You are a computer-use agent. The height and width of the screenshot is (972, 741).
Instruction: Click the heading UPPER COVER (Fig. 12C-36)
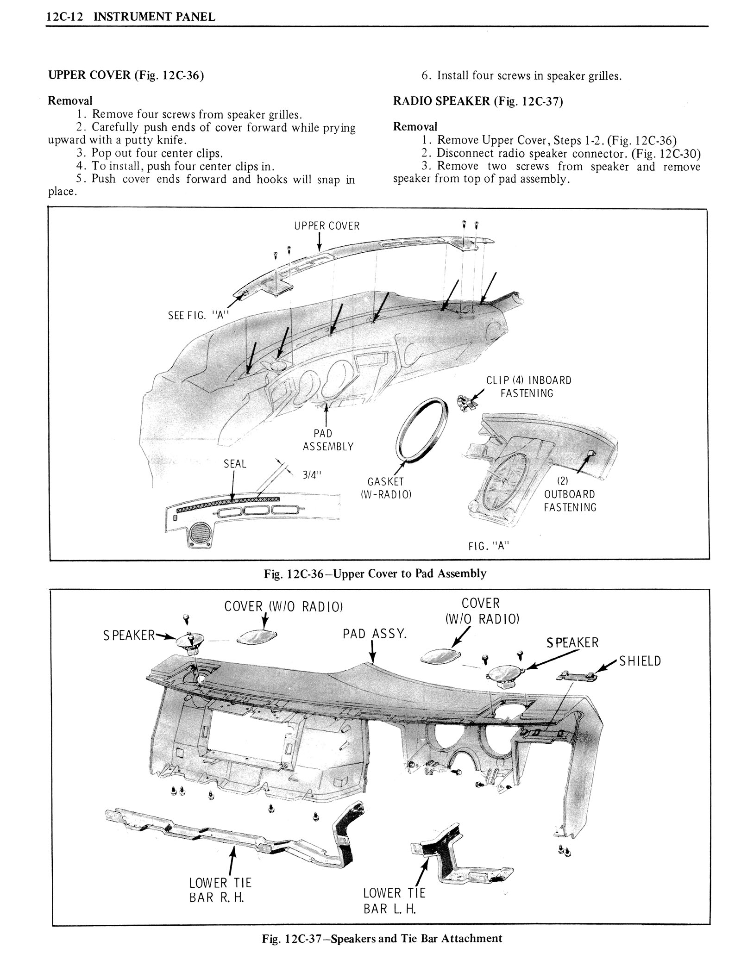(x=126, y=75)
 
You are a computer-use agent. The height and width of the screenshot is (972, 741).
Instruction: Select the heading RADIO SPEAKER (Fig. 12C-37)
(x=477, y=101)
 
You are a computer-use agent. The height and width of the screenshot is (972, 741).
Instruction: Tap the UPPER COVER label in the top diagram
(x=327, y=226)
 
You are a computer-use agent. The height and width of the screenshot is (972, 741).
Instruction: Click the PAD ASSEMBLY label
(x=328, y=440)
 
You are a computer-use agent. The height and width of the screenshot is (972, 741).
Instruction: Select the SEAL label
(x=235, y=464)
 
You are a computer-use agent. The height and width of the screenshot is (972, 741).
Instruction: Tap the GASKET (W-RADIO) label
(x=386, y=488)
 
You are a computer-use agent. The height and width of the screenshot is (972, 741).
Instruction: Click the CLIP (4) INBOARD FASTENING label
(x=528, y=386)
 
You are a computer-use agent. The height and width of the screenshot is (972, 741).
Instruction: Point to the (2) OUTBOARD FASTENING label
(x=570, y=501)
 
